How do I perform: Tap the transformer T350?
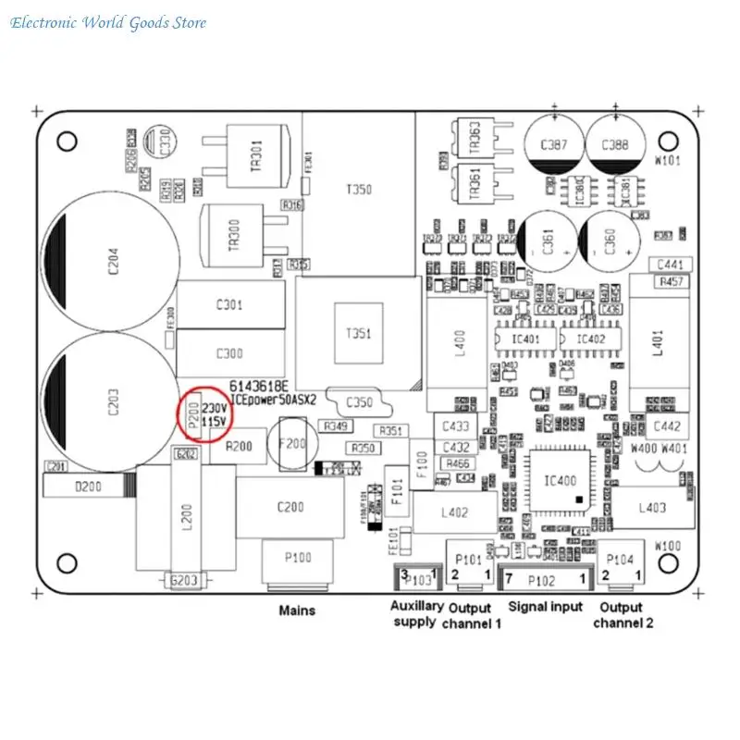click(358, 190)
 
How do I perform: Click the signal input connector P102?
click(544, 580)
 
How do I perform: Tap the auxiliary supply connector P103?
click(416, 580)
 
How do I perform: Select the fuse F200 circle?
click(292, 445)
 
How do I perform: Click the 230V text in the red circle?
click(216, 407)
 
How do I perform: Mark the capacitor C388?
click(615, 145)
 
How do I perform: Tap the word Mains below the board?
click(297, 610)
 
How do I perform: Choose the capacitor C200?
click(290, 507)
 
